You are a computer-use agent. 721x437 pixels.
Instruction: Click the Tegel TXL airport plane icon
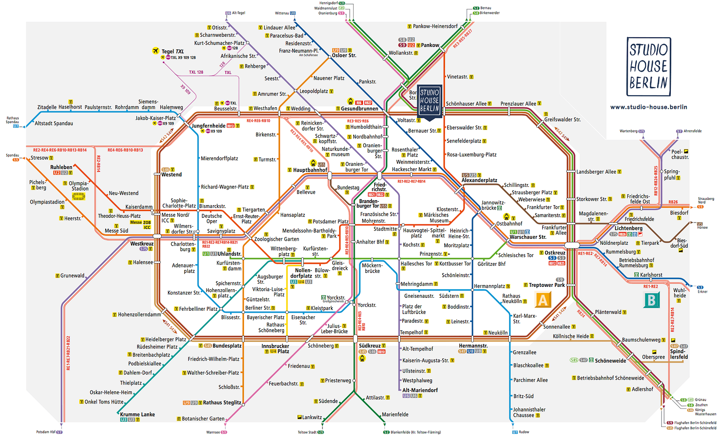[156, 51]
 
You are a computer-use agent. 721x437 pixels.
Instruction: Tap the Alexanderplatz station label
[479, 180]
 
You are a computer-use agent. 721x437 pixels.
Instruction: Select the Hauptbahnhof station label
[310, 170]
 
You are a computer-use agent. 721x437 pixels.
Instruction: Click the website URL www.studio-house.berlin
[649, 107]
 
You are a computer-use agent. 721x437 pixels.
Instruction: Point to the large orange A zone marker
[543, 300]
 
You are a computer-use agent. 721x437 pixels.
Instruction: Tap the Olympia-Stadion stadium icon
[78, 197]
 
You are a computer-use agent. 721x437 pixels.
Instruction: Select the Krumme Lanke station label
[137, 414]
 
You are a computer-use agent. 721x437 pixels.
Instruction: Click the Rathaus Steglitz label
[222, 403]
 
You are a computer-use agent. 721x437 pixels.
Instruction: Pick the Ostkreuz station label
[555, 252]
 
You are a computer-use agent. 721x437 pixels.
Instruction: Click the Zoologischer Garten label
[276, 239]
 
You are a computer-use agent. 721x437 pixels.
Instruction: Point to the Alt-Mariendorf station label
[420, 390]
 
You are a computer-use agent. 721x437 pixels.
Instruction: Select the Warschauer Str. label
[528, 237]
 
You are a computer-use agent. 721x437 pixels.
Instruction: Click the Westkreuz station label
[142, 244]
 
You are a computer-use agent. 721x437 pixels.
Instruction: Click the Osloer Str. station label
[344, 55]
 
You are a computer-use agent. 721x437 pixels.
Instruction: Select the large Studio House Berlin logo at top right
[649, 67]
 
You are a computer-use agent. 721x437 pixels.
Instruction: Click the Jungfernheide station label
[208, 126]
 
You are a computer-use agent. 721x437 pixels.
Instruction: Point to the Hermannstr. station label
[473, 346]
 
